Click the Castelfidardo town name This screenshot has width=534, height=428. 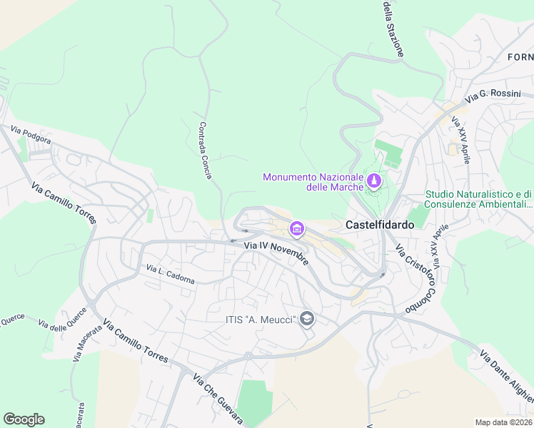coord(379,224)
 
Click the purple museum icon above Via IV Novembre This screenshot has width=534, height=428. coord(296,229)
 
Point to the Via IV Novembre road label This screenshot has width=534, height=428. coord(277,253)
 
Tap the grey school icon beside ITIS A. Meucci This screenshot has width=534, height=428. coord(307,319)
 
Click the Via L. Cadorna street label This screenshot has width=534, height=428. coord(170,275)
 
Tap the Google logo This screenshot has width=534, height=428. coord(24,419)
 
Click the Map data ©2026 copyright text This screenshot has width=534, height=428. coord(503,422)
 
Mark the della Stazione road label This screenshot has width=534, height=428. coord(393,29)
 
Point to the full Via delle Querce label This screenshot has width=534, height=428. coord(64,318)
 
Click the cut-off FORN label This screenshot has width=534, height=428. coord(520,56)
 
